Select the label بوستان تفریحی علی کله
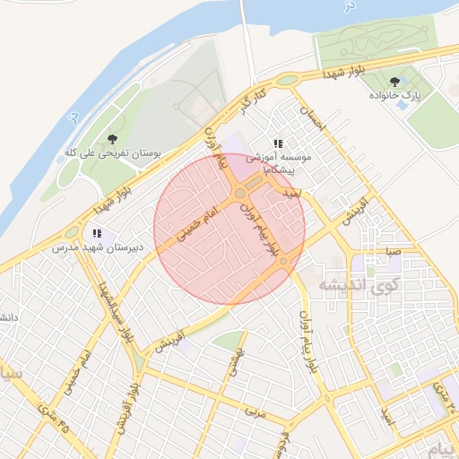pos(111,154)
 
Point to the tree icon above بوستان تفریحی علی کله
pos(112,139)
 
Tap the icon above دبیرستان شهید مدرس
pos(96,233)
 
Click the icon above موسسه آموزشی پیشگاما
pos(278,143)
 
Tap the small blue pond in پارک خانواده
pos(403,105)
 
